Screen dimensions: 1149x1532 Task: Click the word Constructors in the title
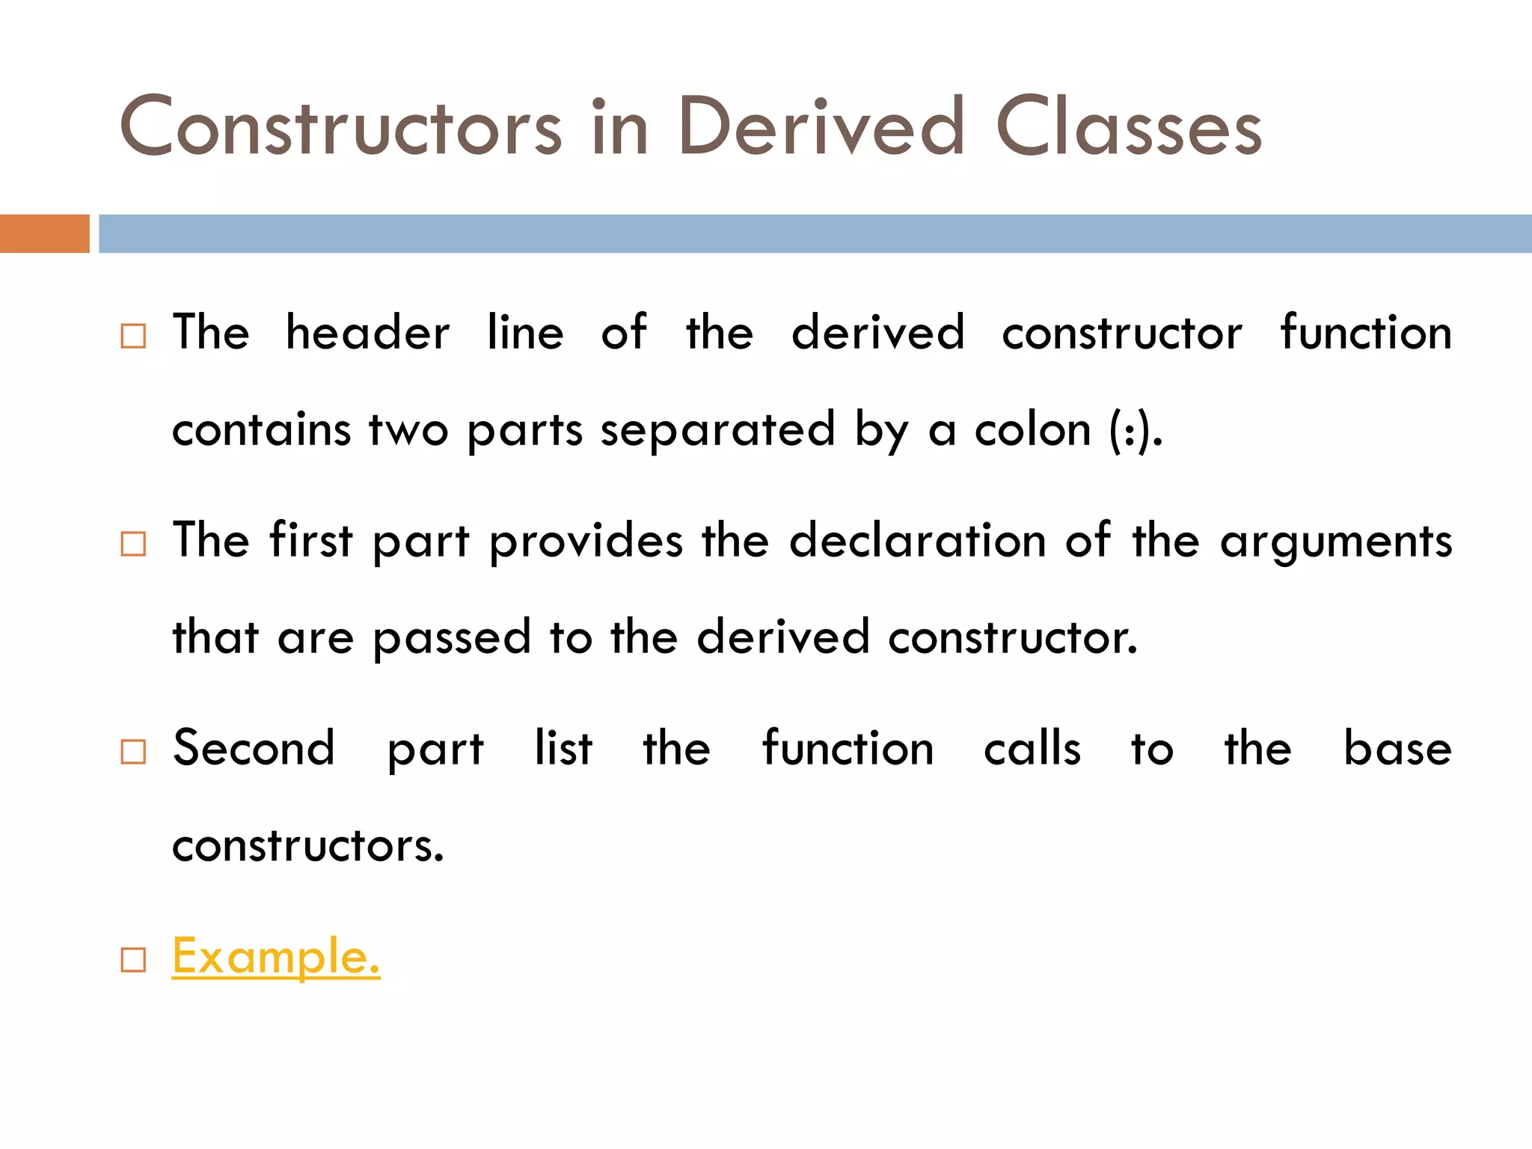click(340, 127)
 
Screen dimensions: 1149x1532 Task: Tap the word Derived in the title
click(821, 127)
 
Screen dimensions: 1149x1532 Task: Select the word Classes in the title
click(1129, 127)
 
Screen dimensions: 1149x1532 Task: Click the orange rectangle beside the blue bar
click(44, 233)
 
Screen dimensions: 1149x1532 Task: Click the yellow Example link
click(276, 957)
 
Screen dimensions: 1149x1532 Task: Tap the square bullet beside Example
click(133, 960)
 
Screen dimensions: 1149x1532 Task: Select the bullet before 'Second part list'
click(133, 751)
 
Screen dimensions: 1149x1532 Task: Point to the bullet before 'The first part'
click(133, 544)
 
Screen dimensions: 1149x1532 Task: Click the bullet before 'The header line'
click(133, 336)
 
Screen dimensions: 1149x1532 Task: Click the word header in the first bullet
click(367, 333)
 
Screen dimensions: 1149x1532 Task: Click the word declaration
click(917, 540)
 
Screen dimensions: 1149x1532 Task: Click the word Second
click(254, 748)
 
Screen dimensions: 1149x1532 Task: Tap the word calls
click(1032, 748)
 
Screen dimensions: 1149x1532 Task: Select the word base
click(1397, 748)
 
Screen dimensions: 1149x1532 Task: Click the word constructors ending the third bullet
click(307, 846)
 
